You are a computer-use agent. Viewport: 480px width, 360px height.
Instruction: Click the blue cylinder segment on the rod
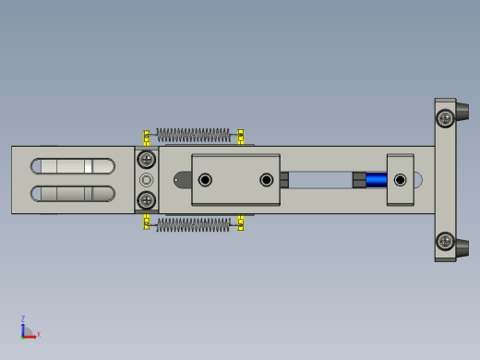pos(377,180)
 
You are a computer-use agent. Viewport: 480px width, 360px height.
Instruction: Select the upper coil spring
pos(193,135)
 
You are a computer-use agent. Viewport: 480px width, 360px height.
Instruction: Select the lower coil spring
pos(193,225)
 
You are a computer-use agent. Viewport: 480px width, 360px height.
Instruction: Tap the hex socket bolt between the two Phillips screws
pos(146,180)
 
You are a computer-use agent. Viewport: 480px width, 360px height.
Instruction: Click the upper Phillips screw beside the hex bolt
pos(147,160)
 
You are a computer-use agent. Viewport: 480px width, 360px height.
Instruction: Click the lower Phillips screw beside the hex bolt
pos(147,200)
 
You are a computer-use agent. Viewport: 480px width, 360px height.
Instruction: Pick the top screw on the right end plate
pos(445,118)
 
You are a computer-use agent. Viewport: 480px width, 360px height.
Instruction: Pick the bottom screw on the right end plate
pos(445,241)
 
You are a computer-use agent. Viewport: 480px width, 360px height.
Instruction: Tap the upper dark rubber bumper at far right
pos(462,112)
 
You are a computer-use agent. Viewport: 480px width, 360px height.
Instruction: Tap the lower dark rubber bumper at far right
pos(462,248)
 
